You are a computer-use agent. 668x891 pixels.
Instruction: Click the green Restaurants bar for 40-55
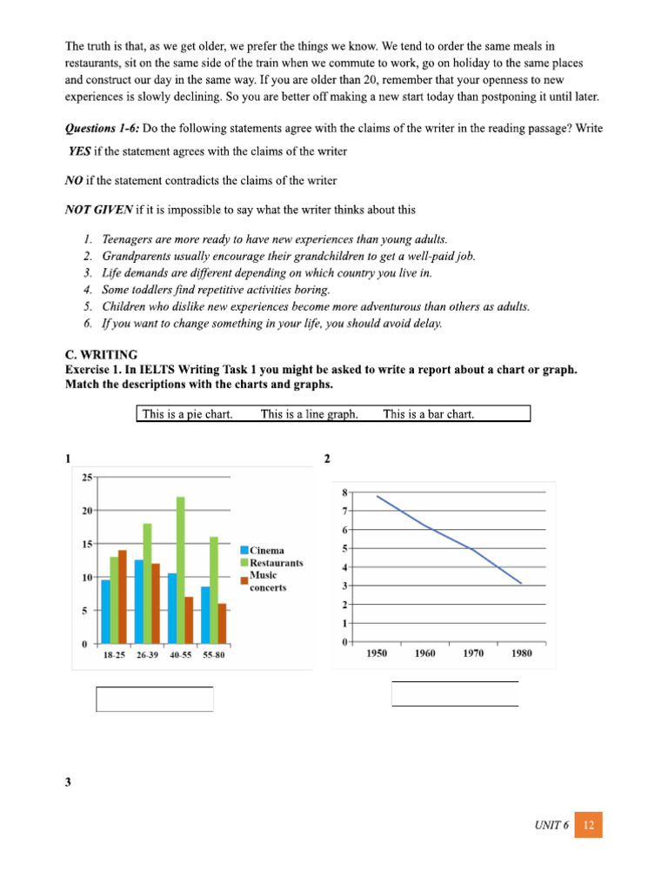(180, 570)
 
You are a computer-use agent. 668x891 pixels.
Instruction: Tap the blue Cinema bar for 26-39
(139, 601)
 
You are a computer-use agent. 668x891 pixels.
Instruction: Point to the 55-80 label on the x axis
(213, 654)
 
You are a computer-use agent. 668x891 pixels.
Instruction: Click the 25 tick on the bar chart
(87, 477)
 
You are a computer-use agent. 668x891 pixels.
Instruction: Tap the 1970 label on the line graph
(473, 653)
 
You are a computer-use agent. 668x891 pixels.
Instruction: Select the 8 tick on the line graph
(344, 492)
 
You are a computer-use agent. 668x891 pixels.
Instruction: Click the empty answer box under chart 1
(154, 699)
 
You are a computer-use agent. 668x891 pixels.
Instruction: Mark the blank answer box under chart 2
(455, 693)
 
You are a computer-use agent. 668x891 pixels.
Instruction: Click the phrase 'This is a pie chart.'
(187, 414)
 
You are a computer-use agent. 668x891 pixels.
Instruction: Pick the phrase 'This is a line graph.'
(310, 414)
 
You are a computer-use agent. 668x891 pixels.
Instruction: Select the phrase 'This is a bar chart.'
(429, 414)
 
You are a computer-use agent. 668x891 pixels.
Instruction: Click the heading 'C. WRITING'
(101, 354)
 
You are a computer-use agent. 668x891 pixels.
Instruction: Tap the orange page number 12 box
(588, 825)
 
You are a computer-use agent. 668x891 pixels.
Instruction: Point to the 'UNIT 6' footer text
(551, 825)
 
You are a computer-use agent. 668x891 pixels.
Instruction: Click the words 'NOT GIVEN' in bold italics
(99, 209)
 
